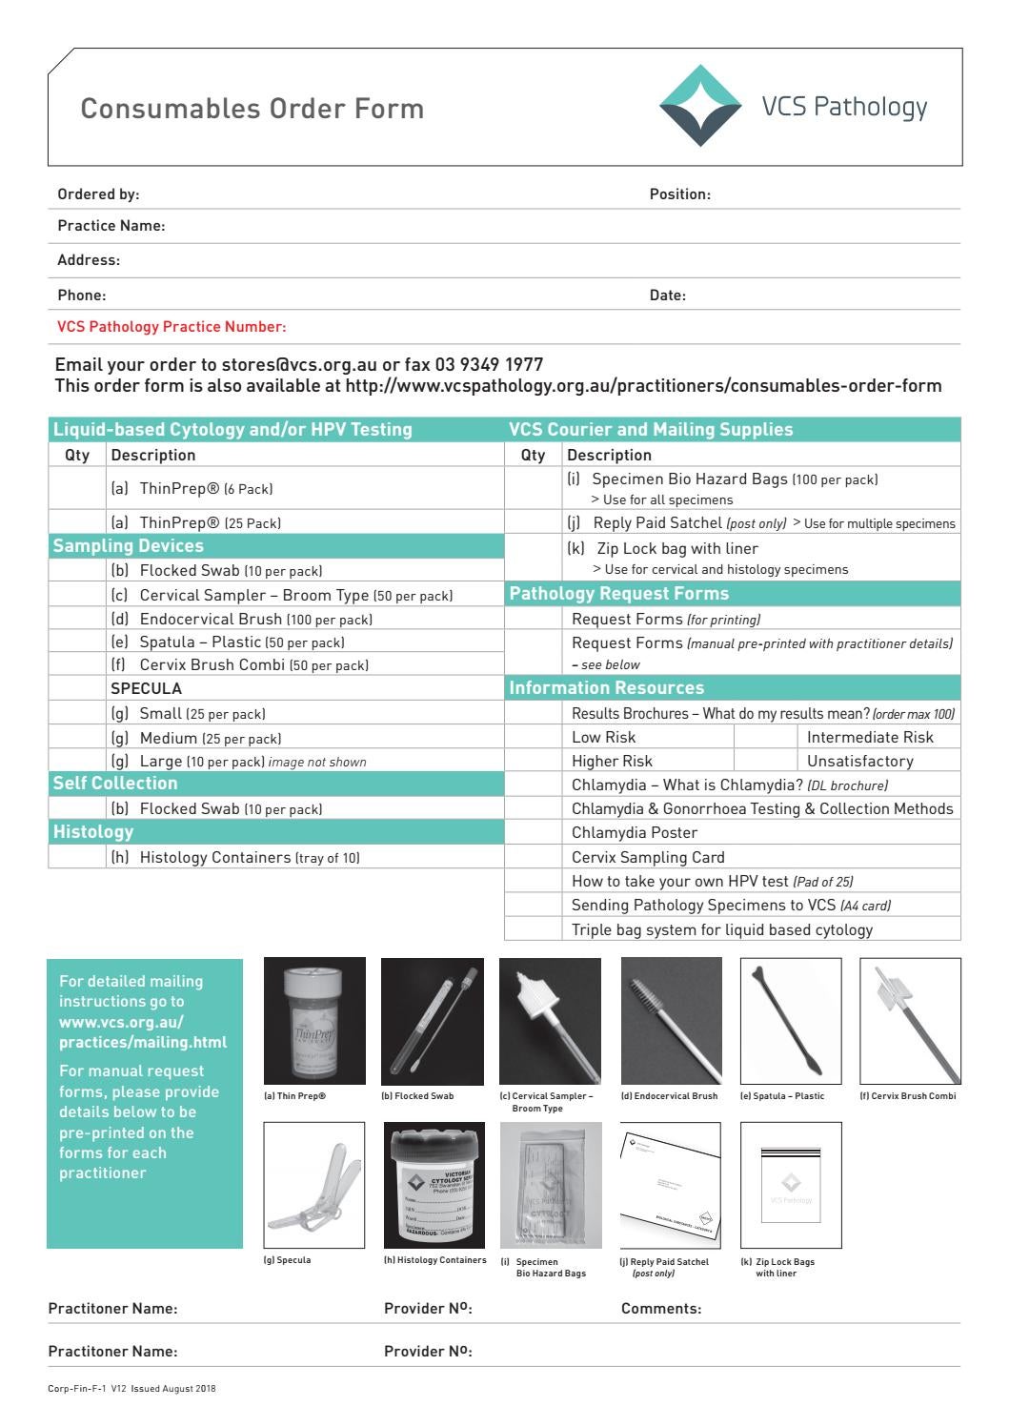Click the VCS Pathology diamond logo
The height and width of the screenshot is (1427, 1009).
tap(700, 106)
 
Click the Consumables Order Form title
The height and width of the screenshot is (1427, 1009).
tap(252, 108)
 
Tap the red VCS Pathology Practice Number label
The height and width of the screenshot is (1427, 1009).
tap(172, 327)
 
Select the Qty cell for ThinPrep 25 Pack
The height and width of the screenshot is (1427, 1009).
tap(77, 522)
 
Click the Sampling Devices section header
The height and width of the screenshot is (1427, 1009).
tap(129, 546)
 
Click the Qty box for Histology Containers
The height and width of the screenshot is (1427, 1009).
tap(77, 857)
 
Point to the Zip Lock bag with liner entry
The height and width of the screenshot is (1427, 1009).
tap(676, 549)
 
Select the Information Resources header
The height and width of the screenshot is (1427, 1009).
tap(607, 688)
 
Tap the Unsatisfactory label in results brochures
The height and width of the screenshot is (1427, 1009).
tap(859, 761)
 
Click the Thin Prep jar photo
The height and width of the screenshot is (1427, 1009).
tap(314, 1021)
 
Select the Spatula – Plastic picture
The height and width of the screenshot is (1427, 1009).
tap(791, 1021)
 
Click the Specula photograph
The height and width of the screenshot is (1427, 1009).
tap(313, 1185)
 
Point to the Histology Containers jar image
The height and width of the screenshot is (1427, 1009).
tap(434, 1185)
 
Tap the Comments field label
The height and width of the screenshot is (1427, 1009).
tap(661, 1309)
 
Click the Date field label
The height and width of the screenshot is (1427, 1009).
tap(667, 296)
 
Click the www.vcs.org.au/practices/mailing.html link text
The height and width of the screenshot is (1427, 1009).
tap(143, 1032)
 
